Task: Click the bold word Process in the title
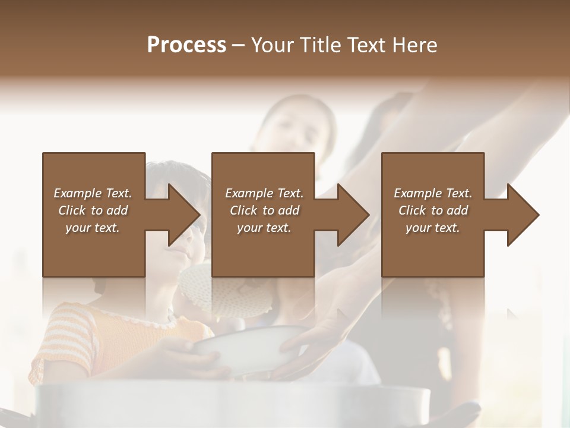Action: (x=186, y=45)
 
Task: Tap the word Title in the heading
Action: (x=321, y=45)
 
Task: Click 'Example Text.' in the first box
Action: (x=93, y=193)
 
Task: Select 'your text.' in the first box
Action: (x=93, y=228)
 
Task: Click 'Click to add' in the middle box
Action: (x=264, y=210)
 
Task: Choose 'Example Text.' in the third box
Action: (x=433, y=193)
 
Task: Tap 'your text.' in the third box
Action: (x=433, y=228)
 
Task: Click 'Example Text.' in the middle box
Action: (x=264, y=193)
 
